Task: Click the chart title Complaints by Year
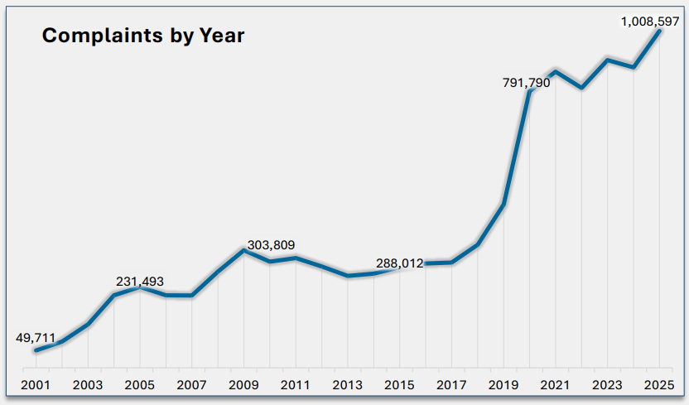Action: click(x=143, y=36)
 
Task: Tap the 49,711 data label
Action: click(x=36, y=338)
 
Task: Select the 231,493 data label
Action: click(x=140, y=282)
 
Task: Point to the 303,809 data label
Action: click(x=271, y=245)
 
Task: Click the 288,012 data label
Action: click(x=400, y=263)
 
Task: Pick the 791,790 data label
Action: click(x=526, y=83)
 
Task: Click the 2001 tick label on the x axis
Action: click(x=36, y=385)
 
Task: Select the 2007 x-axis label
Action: click(x=191, y=385)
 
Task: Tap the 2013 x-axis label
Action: click(x=348, y=385)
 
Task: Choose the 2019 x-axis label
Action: click(x=503, y=385)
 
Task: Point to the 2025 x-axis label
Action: click(x=659, y=385)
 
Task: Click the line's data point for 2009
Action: click(x=243, y=249)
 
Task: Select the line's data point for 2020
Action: click(x=529, y=90)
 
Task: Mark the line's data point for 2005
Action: click(x=140, y=287)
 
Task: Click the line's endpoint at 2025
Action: click(x=659, y=31)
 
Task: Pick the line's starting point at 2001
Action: click(x=36, y=350)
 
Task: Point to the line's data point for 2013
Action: click(x=348, y=275)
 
